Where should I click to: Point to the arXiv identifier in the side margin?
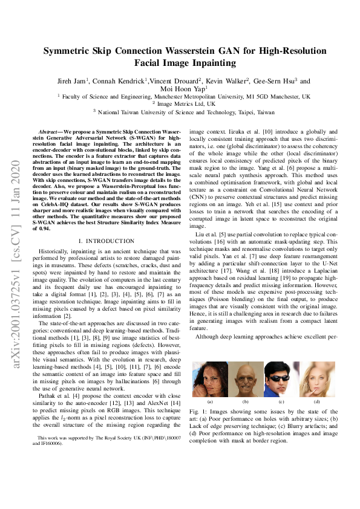tap(18, 266)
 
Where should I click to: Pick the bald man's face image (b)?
tap(245, 378)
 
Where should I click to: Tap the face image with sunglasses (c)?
tap(281, 378)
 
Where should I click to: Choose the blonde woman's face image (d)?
tap(316, 378)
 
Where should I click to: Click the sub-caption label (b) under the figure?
tap(245, 401)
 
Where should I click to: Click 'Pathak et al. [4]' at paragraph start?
tap(55, 397)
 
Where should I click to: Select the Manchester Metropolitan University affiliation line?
tap(183, 96)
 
